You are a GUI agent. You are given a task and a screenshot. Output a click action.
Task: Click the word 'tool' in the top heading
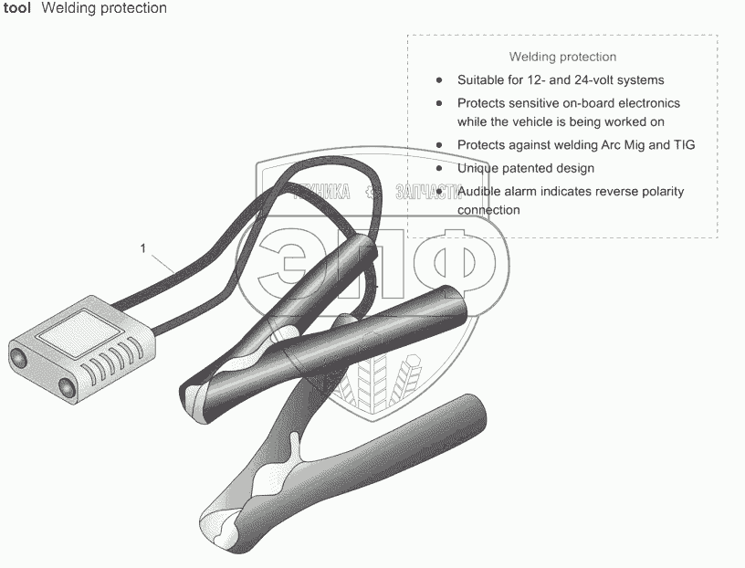coord(17,8)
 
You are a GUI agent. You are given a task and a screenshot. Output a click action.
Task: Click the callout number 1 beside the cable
coord(143,247)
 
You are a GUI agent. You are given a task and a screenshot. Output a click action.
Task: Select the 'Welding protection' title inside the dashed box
coord(562,57)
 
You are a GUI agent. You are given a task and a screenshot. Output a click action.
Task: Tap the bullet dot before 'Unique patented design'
coord(439,168)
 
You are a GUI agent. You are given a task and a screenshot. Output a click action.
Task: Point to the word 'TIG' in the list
coord(684,145)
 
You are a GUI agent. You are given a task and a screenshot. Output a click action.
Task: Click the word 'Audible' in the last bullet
coord(480,192)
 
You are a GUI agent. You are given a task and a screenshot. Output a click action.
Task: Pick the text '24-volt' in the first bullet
coord(595,80)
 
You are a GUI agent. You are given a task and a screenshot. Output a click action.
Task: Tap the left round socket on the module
coord(19,355)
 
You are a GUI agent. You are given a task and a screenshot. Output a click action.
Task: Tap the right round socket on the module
coord(68,388)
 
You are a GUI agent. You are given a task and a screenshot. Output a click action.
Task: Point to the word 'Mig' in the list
coord(637,145)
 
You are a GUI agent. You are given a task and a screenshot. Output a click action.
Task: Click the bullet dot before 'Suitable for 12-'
coord(439,80)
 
